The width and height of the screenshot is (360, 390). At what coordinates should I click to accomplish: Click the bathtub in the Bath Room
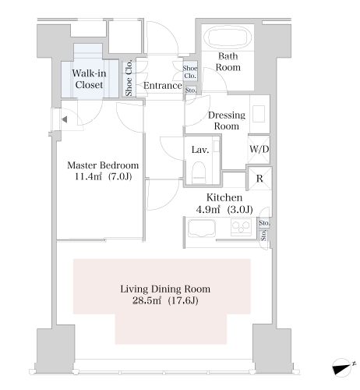pyautogui.click(x=228, y=37)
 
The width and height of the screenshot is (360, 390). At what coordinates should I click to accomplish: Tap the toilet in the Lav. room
pyautogui.click(x=199, y=172)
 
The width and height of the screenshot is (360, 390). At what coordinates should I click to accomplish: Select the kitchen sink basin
pyautogui.click(x=202, y=229)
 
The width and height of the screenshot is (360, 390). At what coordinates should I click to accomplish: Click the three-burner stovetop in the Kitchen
pyautogui.click(x=241, y=227)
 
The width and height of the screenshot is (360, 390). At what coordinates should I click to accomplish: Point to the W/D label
pyautogui.click(x=259, y=149)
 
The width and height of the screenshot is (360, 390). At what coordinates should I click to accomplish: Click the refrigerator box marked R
pyautogui.click(x=259, y=179)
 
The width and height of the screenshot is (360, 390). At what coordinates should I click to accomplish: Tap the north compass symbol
pyautogui.click(x=342, y=367)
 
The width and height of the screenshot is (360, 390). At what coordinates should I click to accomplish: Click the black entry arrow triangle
pyautogui.click(x=65, y=119)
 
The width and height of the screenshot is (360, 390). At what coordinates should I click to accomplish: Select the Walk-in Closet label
pyautogui.click(x=89, y=79)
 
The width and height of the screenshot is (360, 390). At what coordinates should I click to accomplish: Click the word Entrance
pyautogui.click(x=163, y=85)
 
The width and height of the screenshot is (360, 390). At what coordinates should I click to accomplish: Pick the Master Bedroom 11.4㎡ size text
pyautogui.click(x=103, y=171)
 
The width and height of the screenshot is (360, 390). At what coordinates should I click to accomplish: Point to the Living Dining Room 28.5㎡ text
pyautogui.click(x=165, y=295)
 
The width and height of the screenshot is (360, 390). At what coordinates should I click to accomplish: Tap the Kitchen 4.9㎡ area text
pyautogui.click(x=224, y=204)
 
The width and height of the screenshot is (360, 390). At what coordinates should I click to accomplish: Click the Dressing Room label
pyautogui.click(x=227, y=120)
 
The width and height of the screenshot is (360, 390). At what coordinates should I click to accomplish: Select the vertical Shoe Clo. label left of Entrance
pyautogui.click(x=129, y=78)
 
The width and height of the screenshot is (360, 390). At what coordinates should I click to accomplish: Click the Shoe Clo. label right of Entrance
pyautogui.click(x=190, y=72)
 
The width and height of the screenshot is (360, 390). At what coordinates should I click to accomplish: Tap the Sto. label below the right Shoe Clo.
pyautogui.click(x=191, y=90)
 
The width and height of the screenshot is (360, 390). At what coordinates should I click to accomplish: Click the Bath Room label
pyautogui.click(x=228, y=62)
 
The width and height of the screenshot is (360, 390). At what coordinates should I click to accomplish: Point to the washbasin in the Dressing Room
pyautogui.click(x=259, y=114)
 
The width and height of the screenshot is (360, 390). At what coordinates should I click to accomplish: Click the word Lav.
pyautogui.click(x=200, y=150)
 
